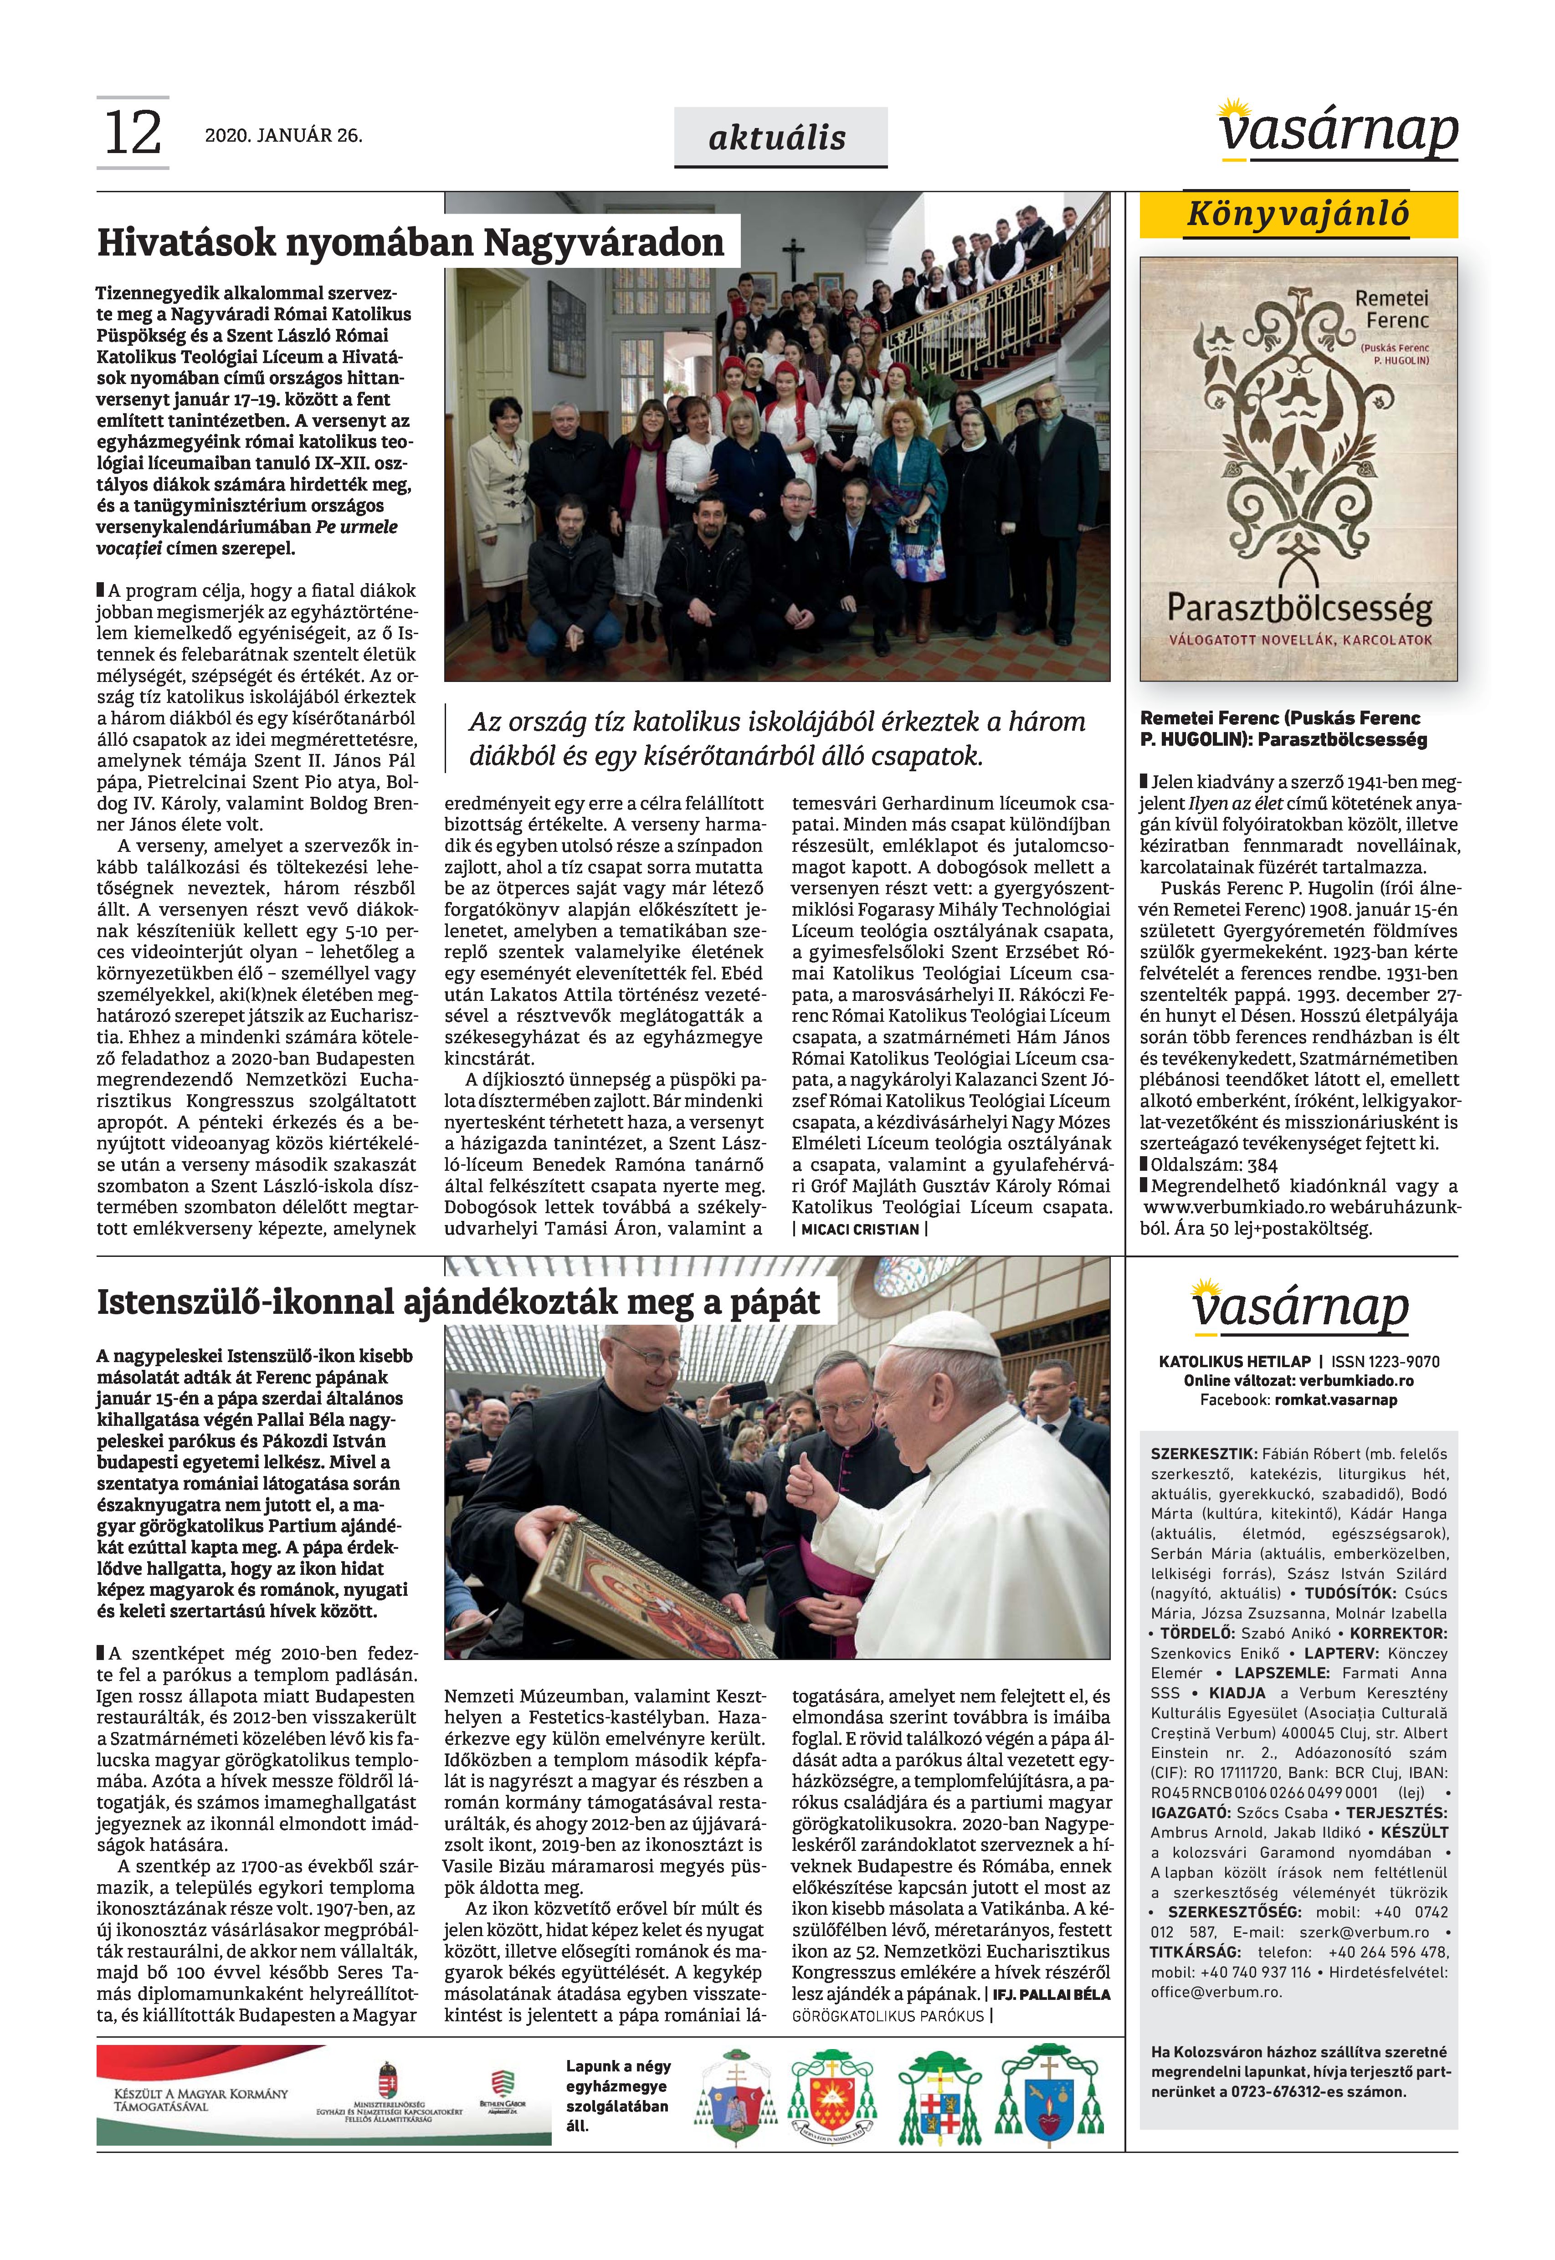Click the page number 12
click(x=133, y=133)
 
